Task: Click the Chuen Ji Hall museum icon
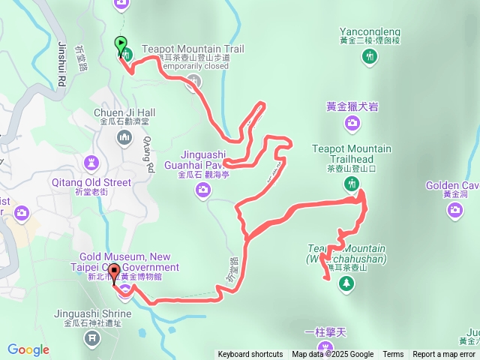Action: pyautogui.click(x=124, y=137)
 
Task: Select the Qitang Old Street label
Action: pyautogui.click(x=91, y=181)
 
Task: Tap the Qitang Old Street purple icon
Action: pyautogui.click(x=91, y=162)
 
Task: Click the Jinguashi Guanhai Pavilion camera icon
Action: pyautogui.click(x=202, y=190)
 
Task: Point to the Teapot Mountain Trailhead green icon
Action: pyautogui.click(x=352, y=184)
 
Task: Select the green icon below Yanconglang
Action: pyautogui.click(x=368, y=57)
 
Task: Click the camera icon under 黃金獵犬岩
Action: pyautogui.click(x=352, y=123)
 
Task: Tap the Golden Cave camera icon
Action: pyautogui.click(x=455, y=211)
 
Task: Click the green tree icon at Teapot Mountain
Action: pyautogui.click(x=346, y=283)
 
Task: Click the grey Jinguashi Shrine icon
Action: pyautogui.click(x=92, y=337)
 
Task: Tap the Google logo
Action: pyautogui.click(x=28, y=350)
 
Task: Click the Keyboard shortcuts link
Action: pyautogui.click(x=250, y=355)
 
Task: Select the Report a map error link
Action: pyautogui.click(x=444, y=355)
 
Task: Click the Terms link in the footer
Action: pyautogui.click(x=393, y=355)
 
